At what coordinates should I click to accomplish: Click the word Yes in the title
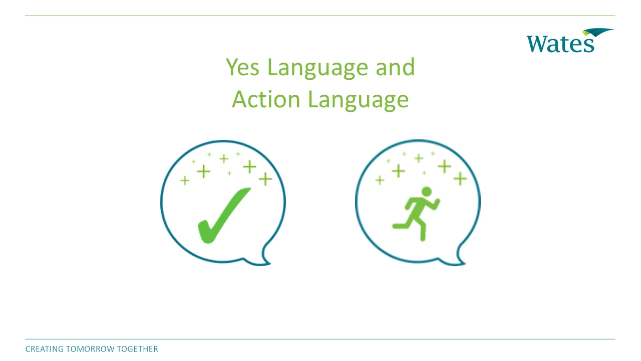click(243, 67)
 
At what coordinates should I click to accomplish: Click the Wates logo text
click(560, 43)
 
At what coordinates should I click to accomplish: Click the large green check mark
click(223, 216)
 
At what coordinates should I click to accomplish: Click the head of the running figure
click(426, 192)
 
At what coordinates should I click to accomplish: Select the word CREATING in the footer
click(44, 349)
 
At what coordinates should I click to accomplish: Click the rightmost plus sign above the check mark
click(265, 178)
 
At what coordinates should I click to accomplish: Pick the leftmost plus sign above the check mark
click(185, 180)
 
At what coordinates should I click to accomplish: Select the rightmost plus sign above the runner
click(460, 178)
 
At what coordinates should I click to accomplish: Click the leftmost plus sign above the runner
click(380, 180)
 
